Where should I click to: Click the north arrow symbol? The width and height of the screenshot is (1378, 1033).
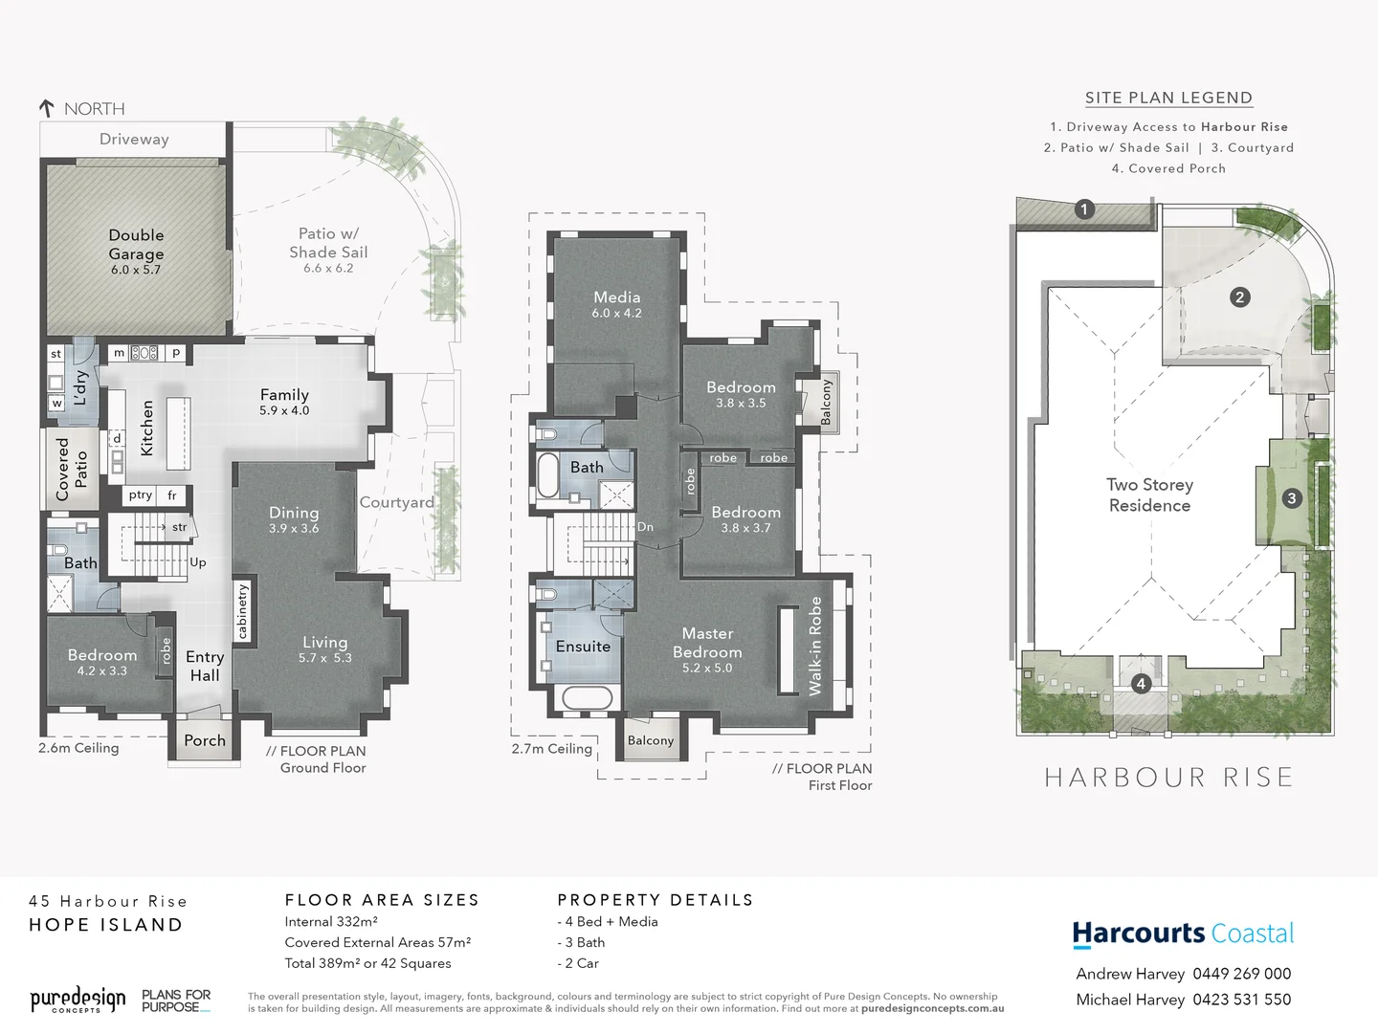[x=46, y=108]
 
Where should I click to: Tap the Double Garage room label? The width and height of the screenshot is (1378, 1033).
[x=136, y=244]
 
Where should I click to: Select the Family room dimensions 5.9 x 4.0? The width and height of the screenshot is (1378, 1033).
[x=284, y=410]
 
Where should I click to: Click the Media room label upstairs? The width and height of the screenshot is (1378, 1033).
[x=616, y=297]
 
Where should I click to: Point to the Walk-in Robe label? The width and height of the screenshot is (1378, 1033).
[x=815, y=646]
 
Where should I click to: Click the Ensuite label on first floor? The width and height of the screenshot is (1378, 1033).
[x=583, y=647]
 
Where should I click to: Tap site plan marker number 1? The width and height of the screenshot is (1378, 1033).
[x=1084, y=209]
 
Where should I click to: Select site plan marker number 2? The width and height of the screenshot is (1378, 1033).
[x=1239, y=297]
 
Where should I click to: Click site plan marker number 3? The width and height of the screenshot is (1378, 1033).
[x=1292, y=497]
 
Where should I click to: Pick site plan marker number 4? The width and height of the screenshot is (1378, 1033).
[x=1141, y=684]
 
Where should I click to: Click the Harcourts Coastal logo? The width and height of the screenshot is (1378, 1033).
[x=1183, y=934]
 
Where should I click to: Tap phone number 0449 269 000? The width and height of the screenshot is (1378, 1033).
[x=1241, y=974]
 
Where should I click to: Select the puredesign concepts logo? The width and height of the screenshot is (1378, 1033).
[x=78, y=1000]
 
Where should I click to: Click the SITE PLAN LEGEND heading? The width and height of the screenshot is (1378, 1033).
[x=1168, y=98]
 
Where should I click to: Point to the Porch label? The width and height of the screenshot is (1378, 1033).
[x=205, y=740]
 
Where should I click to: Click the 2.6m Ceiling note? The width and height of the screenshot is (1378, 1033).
[x=78, y=748]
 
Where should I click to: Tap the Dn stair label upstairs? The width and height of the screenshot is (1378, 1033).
[x=645, y=527]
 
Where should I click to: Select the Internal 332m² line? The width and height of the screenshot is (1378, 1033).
[x=331, y=922]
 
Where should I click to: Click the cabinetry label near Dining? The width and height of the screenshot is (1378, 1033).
[x=242, y=611]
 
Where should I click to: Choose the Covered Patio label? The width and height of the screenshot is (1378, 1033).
[x=72, y=469]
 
